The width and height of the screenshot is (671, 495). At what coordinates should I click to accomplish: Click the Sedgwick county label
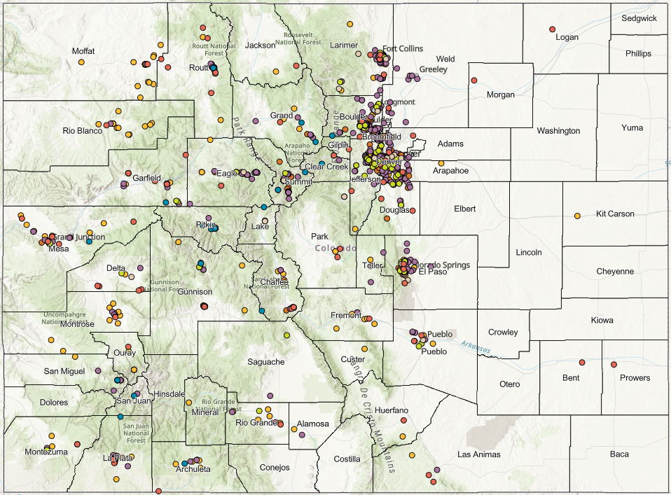(x=639, y=18)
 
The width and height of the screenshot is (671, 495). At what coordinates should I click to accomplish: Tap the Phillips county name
(x=638, y=53)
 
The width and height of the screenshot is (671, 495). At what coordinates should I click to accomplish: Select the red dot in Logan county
(x=552, y=29)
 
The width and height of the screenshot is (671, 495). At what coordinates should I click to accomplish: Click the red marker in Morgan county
(x=474, y=79)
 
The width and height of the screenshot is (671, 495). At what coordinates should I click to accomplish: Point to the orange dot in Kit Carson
(x=577, y=216)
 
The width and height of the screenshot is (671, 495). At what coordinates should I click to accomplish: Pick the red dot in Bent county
(x=582, y=362)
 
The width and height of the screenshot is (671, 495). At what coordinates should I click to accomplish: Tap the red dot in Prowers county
(x=614, y=364)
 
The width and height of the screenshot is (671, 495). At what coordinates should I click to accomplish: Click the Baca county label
(x=619, y=454)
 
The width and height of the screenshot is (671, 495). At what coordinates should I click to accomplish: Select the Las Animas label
(x=479, y=454)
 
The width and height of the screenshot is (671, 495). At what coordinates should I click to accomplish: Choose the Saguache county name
(x=266, y=362)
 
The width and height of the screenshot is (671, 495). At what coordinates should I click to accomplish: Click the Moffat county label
(x=83, y=51)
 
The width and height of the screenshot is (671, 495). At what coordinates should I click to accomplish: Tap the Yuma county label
(x=632, y=128)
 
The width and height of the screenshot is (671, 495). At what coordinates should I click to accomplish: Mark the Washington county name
(x=558, y=131)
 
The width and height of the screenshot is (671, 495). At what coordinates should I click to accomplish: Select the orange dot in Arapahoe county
(x=441, y=163)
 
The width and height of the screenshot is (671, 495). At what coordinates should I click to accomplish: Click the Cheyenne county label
(x=615, y=272)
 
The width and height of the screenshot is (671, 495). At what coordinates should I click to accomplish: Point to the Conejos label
(x=274, y=468)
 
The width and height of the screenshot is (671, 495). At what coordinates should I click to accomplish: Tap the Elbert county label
(x=464, y=209)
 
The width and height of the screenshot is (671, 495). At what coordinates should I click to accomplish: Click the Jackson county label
(x=260, y=46)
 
